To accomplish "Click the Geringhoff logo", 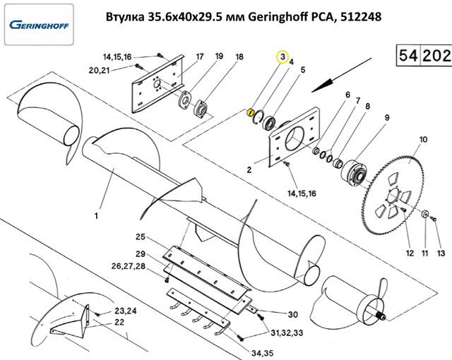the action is point(40,25).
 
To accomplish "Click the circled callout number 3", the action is point(282,56).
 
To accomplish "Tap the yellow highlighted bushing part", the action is point(251,112).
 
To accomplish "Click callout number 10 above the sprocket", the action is point(423,140).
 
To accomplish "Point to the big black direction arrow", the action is point(342,75).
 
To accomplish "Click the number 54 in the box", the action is point(408,55).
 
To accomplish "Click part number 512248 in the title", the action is point(361,17).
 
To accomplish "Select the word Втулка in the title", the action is point(125,17).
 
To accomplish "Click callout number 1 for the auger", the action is point(96,216).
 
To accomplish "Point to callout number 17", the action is point(199,56).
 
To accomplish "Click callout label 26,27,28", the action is point(129,266).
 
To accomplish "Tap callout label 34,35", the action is point(263,353).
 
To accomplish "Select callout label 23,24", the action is point(126,311).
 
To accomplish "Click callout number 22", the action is point(119,323).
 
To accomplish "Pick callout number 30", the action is point(292,314).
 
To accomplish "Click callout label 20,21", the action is point(99,70).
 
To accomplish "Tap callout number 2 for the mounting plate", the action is point(249,170).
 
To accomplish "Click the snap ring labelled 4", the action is point(258,117).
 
